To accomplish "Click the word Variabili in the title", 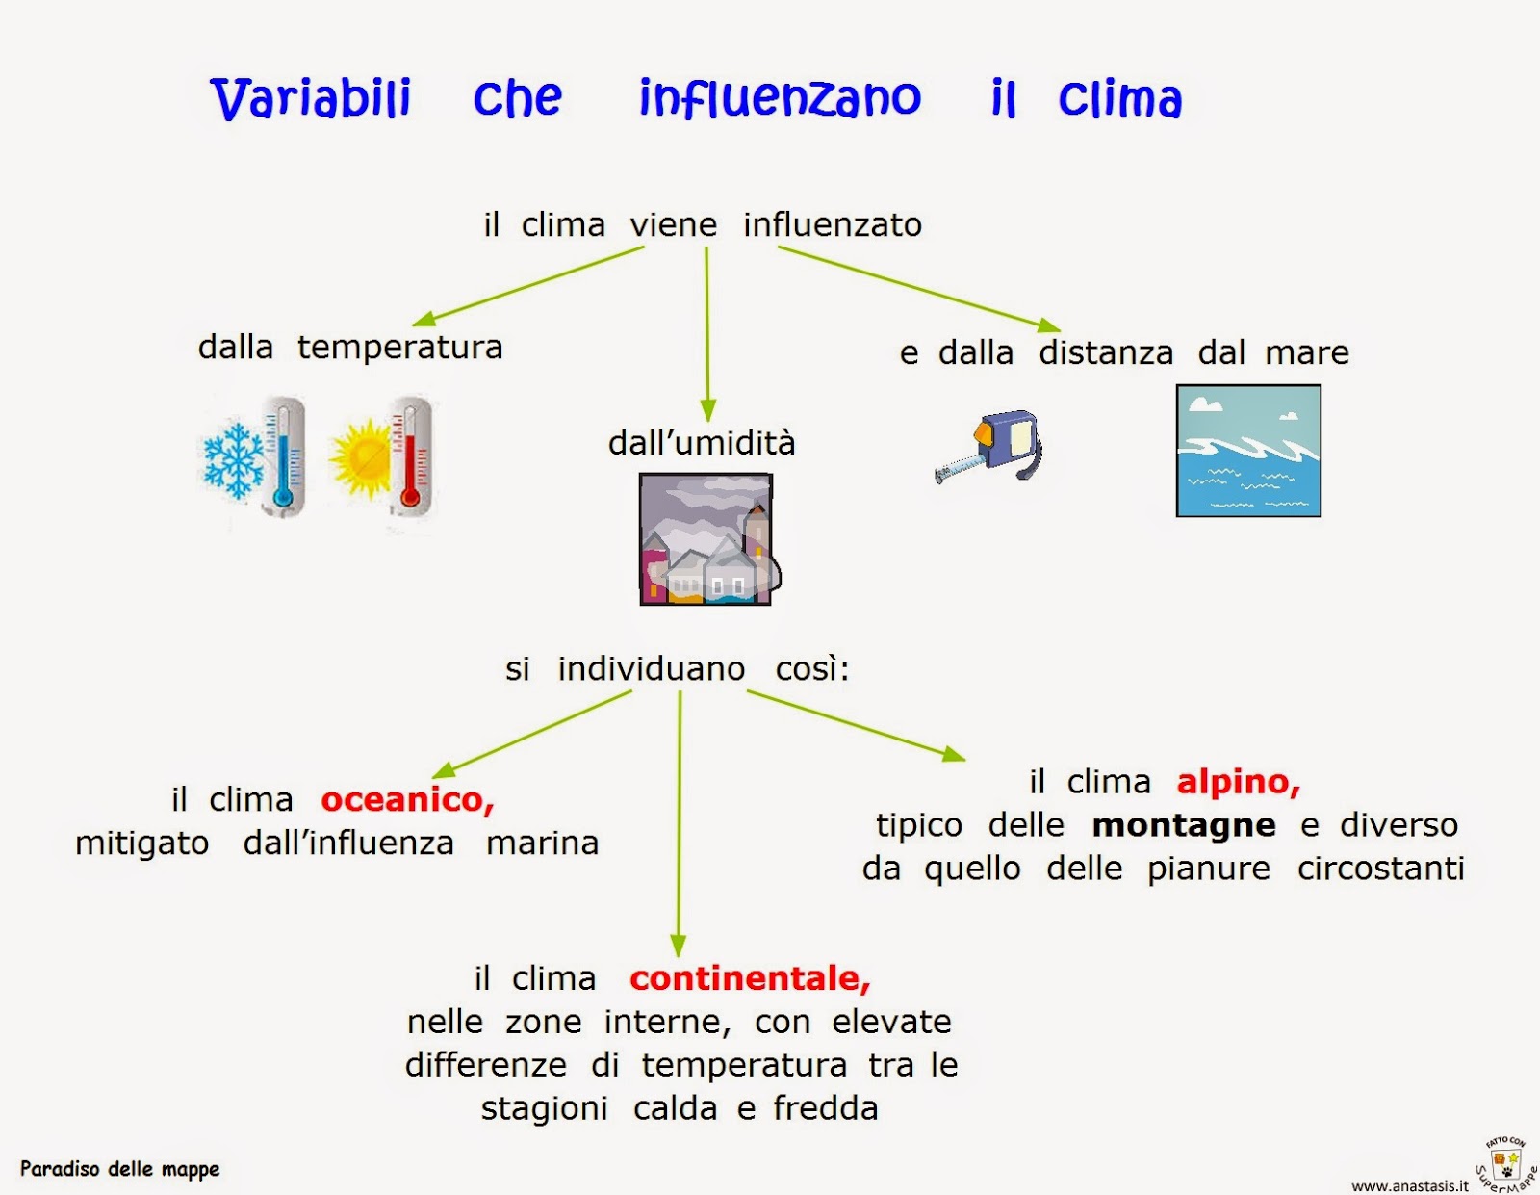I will [x=310, y=98].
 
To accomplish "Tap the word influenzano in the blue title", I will [x=780, y=98].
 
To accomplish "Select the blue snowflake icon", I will [x=233, y=458].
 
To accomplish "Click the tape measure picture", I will [x=991, y=445].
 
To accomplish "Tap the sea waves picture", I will [x=1247, y=451].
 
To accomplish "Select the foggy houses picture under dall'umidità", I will [x=706, y=539].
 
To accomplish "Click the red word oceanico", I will [x=407, y=799].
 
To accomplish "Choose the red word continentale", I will [x=750, y=978].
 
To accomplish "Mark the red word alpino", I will [x=1238, y=782].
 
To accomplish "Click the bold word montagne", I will [x=1184, y=825].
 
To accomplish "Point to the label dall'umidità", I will [x=702, y=443].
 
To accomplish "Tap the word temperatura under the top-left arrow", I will [x=399, y=347].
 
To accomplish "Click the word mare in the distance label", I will [x=1307, y=352].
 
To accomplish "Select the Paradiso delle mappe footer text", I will [x=120, y=1169].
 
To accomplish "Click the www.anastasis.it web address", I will [x=1409, y=1186].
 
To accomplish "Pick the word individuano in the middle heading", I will [x=651, y=668].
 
